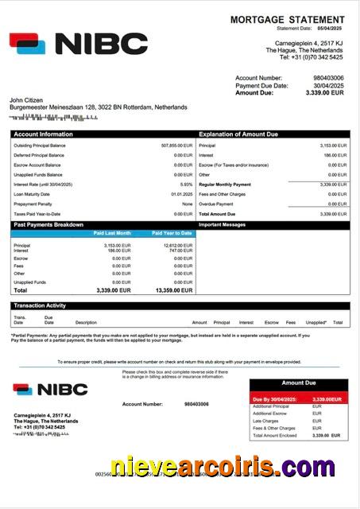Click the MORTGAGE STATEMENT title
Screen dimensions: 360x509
pos(288,19)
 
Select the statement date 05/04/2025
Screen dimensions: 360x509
pos(332,29)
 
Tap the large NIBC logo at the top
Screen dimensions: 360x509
pos(79,44)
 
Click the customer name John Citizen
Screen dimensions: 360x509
pos(27,99)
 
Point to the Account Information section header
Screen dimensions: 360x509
pos(43,134)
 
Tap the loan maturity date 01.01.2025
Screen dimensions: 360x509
pos(181,194)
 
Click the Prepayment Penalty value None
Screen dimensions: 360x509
pos(187,204)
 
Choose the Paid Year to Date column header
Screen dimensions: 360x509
pos(172,233)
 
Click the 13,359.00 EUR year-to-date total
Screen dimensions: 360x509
pos(172,291)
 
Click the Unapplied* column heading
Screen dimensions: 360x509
pos(315,322)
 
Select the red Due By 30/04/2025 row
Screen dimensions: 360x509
pos(298,398)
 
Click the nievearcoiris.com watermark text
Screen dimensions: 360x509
pos(222,467)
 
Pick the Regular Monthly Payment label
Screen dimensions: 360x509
pos(225,185)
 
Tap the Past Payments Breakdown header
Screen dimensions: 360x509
pos(48,225)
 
